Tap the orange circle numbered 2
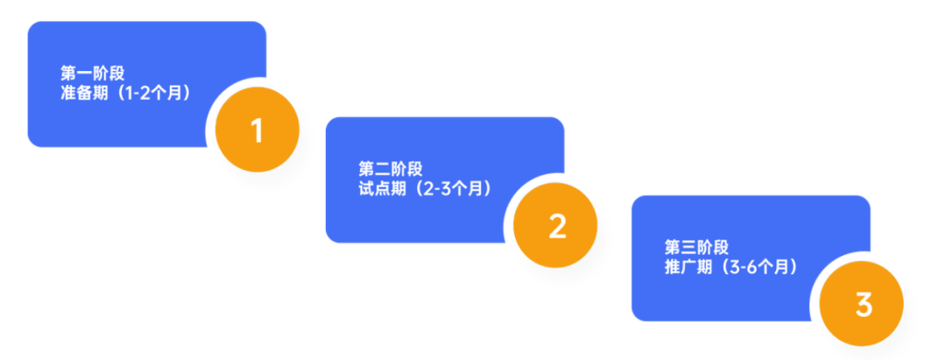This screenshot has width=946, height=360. pos(557,226)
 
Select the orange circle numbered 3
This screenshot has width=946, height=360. pos(863,306)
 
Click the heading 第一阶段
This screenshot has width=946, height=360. pos(92,73)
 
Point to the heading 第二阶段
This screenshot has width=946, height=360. pos(390,169)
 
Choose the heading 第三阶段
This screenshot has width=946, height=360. pos(696,248)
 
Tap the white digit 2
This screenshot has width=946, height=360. pos(557,226)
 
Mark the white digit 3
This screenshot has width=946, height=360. pos(863,306)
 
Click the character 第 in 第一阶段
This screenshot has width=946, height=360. pos(68,73)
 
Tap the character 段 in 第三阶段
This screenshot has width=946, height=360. pos(720,248)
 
